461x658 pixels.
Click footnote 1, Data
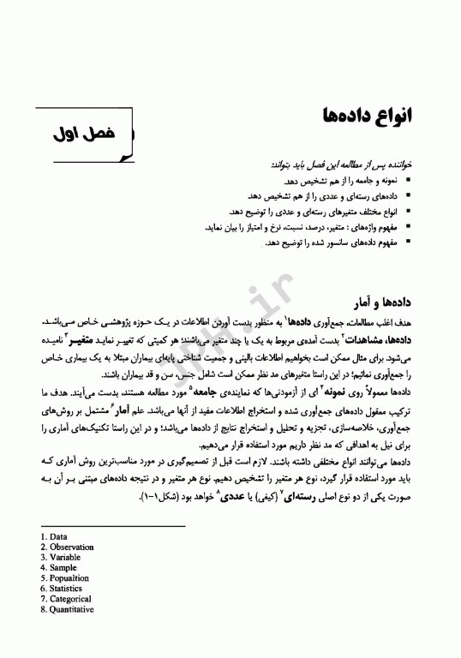pyautogui.click(x=55, y=537)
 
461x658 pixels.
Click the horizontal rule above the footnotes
pyautogui.click(x=111, y=526)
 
